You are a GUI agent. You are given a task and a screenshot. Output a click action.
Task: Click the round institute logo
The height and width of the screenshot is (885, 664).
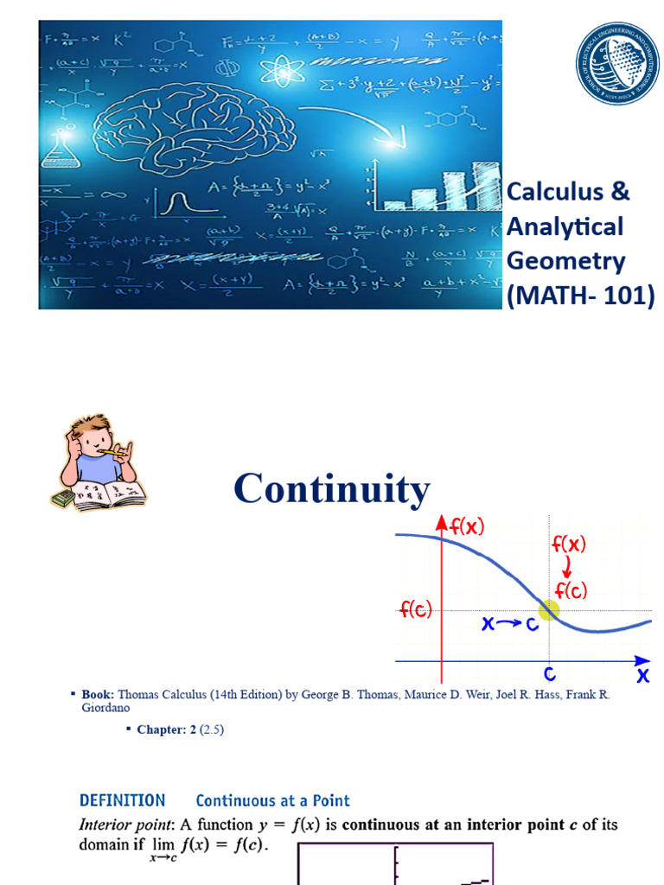pos(617,63)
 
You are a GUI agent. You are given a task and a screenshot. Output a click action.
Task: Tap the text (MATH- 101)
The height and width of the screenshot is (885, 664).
pos(580,296)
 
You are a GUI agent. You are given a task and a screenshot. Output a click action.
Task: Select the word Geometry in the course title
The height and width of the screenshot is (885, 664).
pos(565,261)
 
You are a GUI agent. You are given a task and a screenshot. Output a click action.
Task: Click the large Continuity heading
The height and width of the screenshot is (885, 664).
pos(332,489)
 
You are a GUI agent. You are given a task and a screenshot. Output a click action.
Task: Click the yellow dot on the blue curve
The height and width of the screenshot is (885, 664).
pos(549,609)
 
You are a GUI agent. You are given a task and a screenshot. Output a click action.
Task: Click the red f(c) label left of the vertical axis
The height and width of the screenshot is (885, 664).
pos(415,610)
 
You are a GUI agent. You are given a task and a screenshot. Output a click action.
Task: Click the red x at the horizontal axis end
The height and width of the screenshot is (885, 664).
pos(642,676)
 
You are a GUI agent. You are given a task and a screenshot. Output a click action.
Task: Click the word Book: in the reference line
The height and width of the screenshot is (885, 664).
pos(98,694)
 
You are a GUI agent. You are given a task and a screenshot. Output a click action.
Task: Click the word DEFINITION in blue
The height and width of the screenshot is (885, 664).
pos(122,800)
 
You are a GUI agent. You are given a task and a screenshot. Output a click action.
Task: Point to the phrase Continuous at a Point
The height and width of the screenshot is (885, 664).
pos(272,800)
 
